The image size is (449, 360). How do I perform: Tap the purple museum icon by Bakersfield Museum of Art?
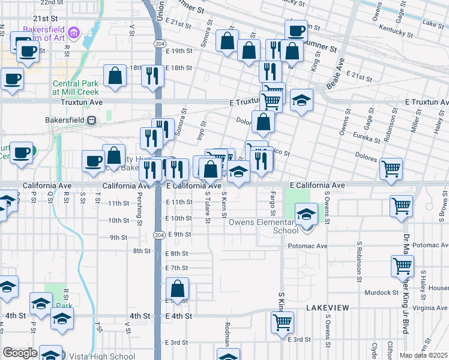[x=73, y=31]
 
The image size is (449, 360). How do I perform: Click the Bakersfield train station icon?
[x=91, y=119]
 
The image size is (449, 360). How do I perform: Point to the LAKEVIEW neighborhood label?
[x=327, y=307]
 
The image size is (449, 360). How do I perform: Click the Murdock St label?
[x=382, y=293]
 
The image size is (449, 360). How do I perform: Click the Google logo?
[x=19, y=353]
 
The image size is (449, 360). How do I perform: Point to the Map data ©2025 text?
[x=423, y=355]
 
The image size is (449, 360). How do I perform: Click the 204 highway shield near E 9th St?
[x=159, y=233]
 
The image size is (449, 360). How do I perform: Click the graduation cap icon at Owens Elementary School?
[x=306, y=213]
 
